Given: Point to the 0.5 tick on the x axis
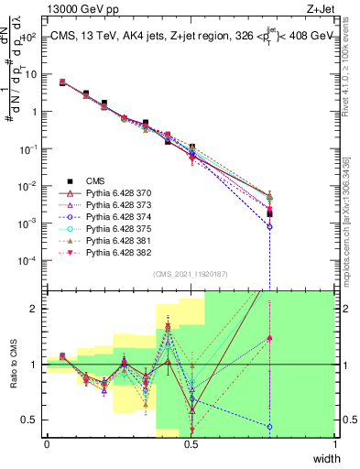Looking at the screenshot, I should click(191, 444).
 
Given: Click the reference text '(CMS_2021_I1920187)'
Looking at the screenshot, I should click(190, 274).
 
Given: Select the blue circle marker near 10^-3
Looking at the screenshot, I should click(269, 226).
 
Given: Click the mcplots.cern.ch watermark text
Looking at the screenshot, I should click(348, 211).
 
